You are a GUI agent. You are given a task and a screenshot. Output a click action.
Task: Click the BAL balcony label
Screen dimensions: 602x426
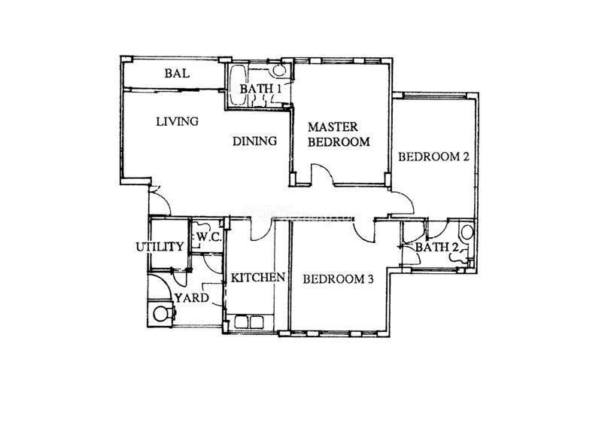coord(177,73)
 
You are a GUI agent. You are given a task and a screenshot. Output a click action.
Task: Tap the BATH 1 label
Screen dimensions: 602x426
coord(260,89)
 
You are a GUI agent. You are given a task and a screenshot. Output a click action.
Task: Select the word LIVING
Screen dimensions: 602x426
coord(178,121)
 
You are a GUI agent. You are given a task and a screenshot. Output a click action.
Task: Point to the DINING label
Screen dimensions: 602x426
coord(254,141)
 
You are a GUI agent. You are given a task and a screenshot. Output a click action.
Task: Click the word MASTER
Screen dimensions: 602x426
coord(333,126)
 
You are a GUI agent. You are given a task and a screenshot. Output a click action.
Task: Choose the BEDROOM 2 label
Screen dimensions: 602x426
coord(433,157)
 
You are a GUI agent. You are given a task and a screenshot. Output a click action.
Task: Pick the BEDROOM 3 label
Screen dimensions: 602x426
coord(338,279)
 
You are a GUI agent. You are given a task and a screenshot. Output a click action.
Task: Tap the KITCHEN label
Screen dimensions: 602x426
coord(257,277)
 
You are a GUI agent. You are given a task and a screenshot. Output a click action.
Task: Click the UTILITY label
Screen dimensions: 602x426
coord(160,247)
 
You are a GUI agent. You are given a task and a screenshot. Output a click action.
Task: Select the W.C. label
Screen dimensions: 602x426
coord(209,237)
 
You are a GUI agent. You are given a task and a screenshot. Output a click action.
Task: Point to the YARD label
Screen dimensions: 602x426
coord(192,298)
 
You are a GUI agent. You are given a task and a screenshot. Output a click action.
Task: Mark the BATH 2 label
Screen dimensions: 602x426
coord(437,248)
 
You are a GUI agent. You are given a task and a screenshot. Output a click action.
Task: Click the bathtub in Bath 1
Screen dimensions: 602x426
coord(237,85)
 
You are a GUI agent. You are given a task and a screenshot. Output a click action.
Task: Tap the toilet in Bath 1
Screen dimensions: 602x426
coord(278,70)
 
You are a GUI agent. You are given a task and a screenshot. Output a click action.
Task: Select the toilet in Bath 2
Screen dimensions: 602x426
coord(467,233)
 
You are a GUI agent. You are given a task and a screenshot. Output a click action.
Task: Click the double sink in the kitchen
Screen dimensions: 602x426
coord(249,322)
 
